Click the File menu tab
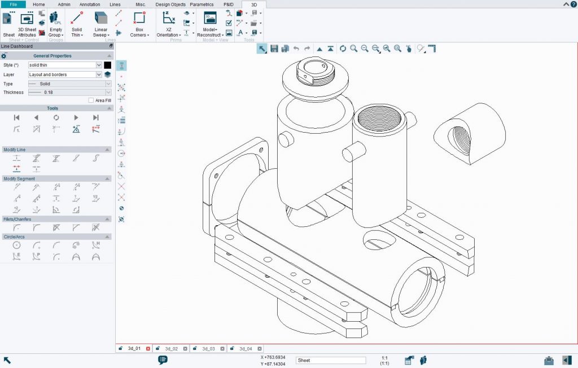point(13,4)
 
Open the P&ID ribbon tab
point(228,4)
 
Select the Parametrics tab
point(202,4)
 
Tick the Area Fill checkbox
point(91,100)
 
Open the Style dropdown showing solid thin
point(65,65)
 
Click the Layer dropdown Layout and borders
point(65,75)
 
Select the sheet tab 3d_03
point(208,349)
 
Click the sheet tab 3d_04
point(245,349)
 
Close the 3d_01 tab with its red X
point(148,349)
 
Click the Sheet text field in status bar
point(331,360)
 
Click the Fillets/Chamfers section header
point(56,219)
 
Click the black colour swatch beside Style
point(107,65)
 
